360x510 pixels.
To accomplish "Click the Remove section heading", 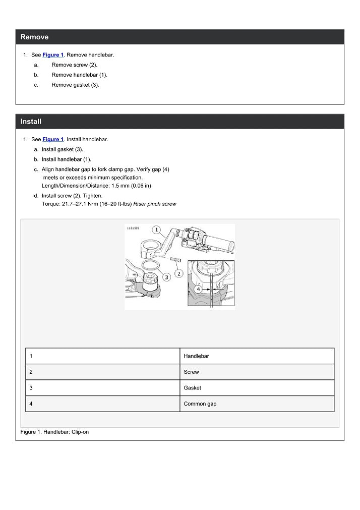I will [34, 37].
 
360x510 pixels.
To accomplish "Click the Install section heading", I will [31, 122].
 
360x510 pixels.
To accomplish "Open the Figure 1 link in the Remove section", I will [53, 54].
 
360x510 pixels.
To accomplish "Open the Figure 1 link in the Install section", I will [53, 139].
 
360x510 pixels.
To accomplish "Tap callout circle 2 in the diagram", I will [178, 273].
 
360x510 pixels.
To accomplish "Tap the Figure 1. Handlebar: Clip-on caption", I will [54, 432].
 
